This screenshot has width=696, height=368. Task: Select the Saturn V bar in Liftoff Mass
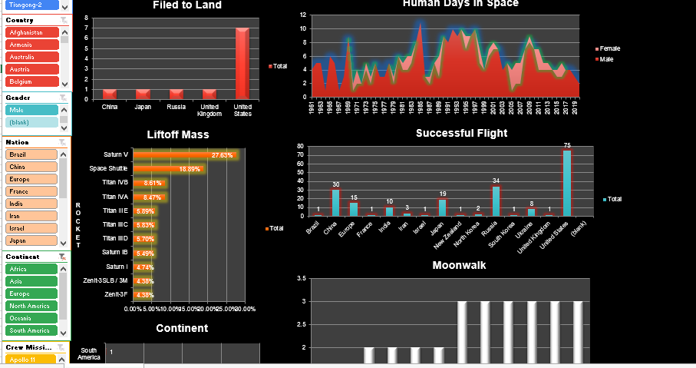pyautogui.click(x=184, y=155)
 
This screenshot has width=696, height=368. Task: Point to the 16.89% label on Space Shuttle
pyautogui.click(x=190, y=169)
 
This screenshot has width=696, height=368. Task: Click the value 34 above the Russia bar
pyautogui.click(x=496, y=181)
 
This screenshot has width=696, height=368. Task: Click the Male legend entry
pyautogui.click(x=606, y=59)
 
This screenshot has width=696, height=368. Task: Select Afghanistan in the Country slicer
pyautogui.click(x=31, y=32)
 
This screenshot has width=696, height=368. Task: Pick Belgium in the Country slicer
pyautogui.click(x=31, y=81)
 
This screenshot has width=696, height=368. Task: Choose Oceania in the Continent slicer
pyautogui.click(x=31, y=318)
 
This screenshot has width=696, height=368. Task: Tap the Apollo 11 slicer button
pyautogui.click(x=31, y=360)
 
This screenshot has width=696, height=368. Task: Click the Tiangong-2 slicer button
pyautogui.click(x=31, y=5)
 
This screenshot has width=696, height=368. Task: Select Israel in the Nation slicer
pyautogui.click(x=31, y=228)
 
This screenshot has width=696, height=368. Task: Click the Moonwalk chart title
pyautogui.click(x=459, y=265)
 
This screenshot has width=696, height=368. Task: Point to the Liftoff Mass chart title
pyautogui.click(x=178, y=134)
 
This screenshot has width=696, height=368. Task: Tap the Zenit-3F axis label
pyautogui.click(x=117, y=294)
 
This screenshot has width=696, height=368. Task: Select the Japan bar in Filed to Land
pyautogui.click(x=143, y=94)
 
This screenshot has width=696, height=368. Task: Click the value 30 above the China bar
pyautogui.click(x=335, y=184)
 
